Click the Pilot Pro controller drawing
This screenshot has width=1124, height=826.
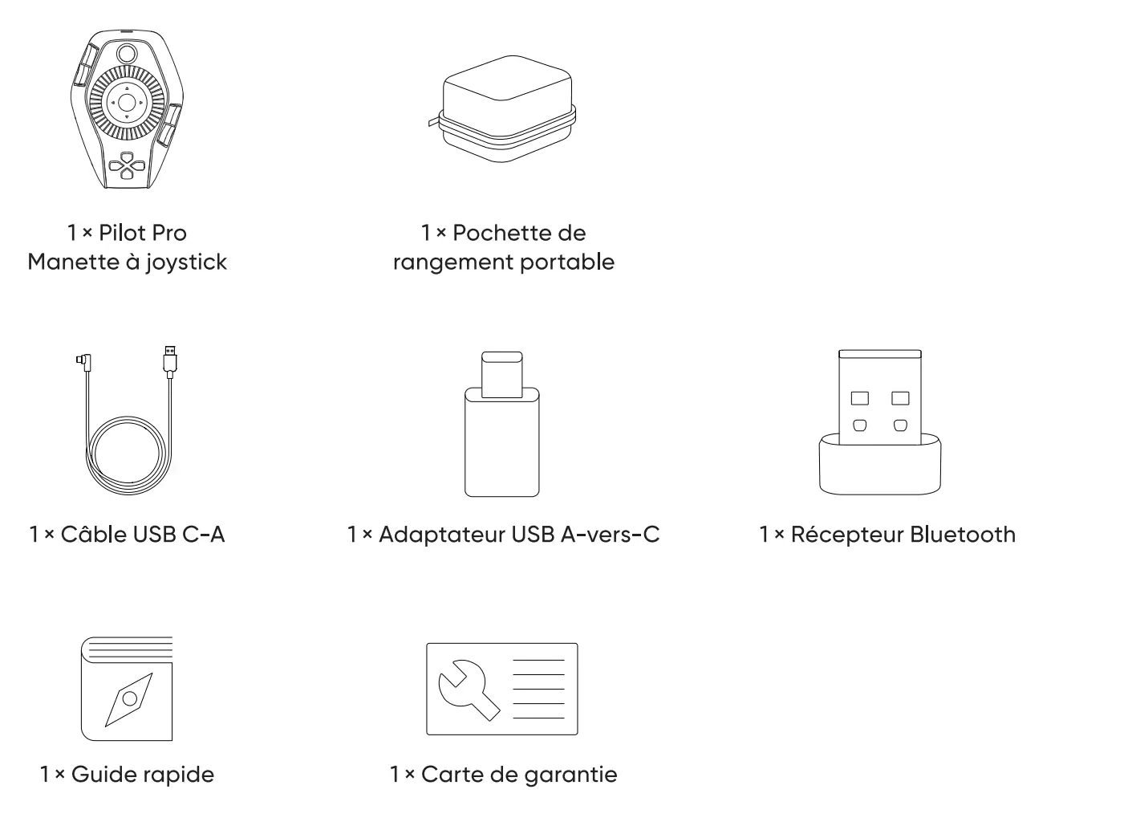pos(127,109)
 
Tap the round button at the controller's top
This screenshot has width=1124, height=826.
pos(127,54)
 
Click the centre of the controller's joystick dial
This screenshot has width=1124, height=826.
pos(127,103)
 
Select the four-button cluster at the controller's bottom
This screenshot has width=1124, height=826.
pos(127,165)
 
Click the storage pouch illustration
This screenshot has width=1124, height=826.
pos(501,109)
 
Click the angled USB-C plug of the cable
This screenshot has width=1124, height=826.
pos(84,361)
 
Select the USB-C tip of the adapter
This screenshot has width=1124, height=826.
pos(501,374)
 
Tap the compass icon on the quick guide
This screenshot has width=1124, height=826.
pos(129,699)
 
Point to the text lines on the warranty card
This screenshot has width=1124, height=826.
pos(538,689)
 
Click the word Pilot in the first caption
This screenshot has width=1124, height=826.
pos(122,233)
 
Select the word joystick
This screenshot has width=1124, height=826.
pos(186,262)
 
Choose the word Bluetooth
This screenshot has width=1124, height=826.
pos(963,535)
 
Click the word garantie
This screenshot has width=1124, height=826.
pos(571,775)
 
